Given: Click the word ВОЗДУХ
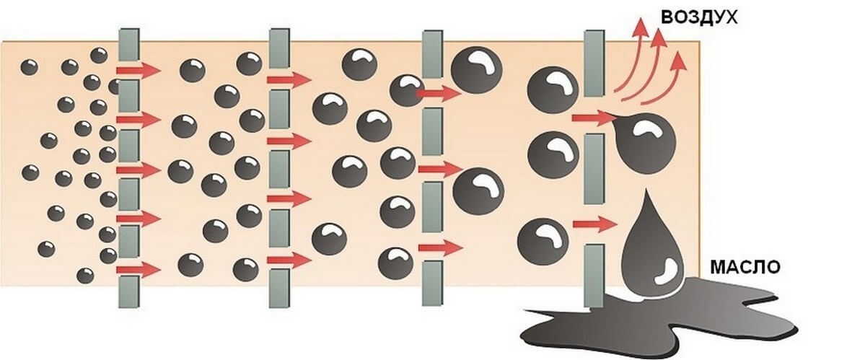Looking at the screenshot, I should click(x=699, y=17).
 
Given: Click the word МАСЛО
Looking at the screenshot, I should click(x=745, y=267).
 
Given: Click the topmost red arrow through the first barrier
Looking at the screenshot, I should click(x=139, y=70).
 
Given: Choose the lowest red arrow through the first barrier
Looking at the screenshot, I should click(x=139, y=270).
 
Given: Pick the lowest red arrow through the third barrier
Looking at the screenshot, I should click(x=440, y=247).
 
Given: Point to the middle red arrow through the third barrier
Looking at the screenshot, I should click(x=440, y=170).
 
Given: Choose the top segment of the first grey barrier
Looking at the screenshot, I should click(x=128, y=45).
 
